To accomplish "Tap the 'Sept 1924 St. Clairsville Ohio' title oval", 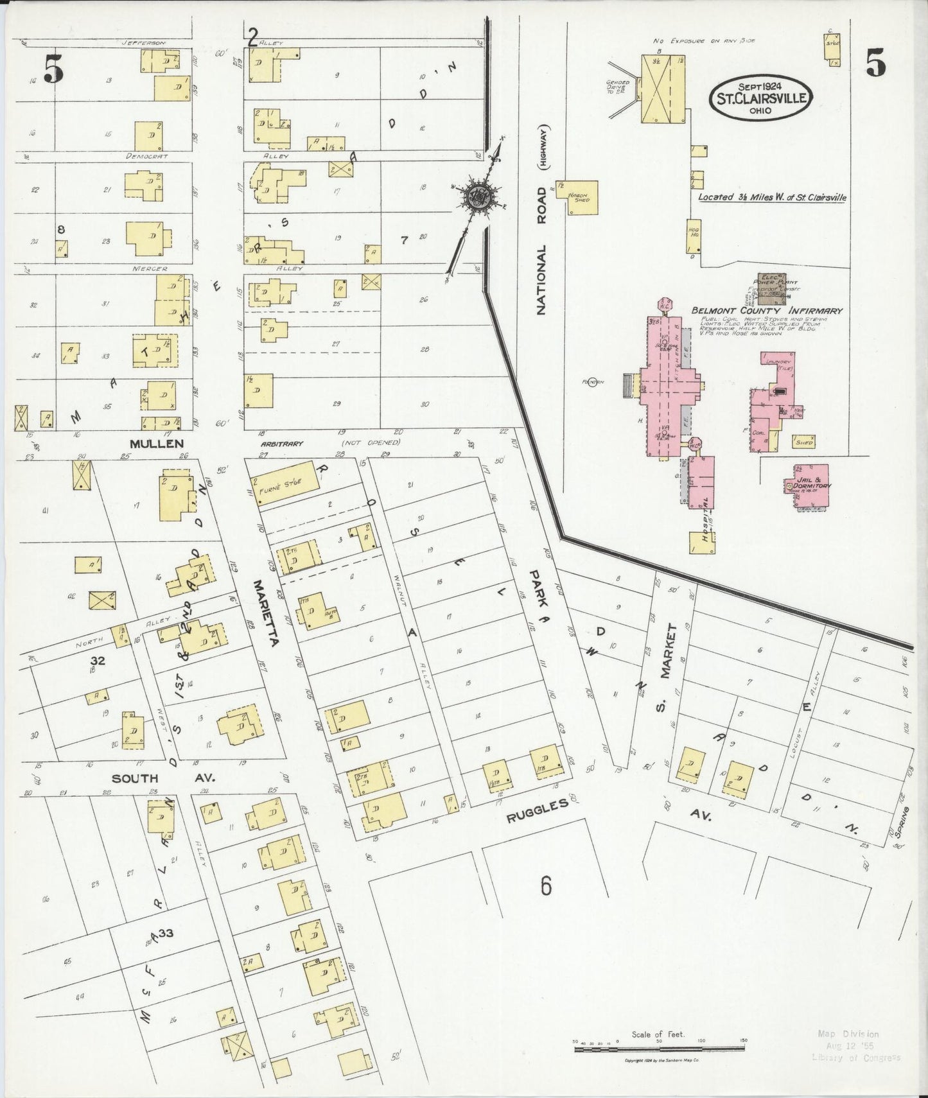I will pos(761,97).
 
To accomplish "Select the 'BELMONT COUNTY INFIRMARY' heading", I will pos(766,311).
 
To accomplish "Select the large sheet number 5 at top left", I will pos(53,69).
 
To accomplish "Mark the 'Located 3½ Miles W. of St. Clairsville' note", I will pos(772,197).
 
